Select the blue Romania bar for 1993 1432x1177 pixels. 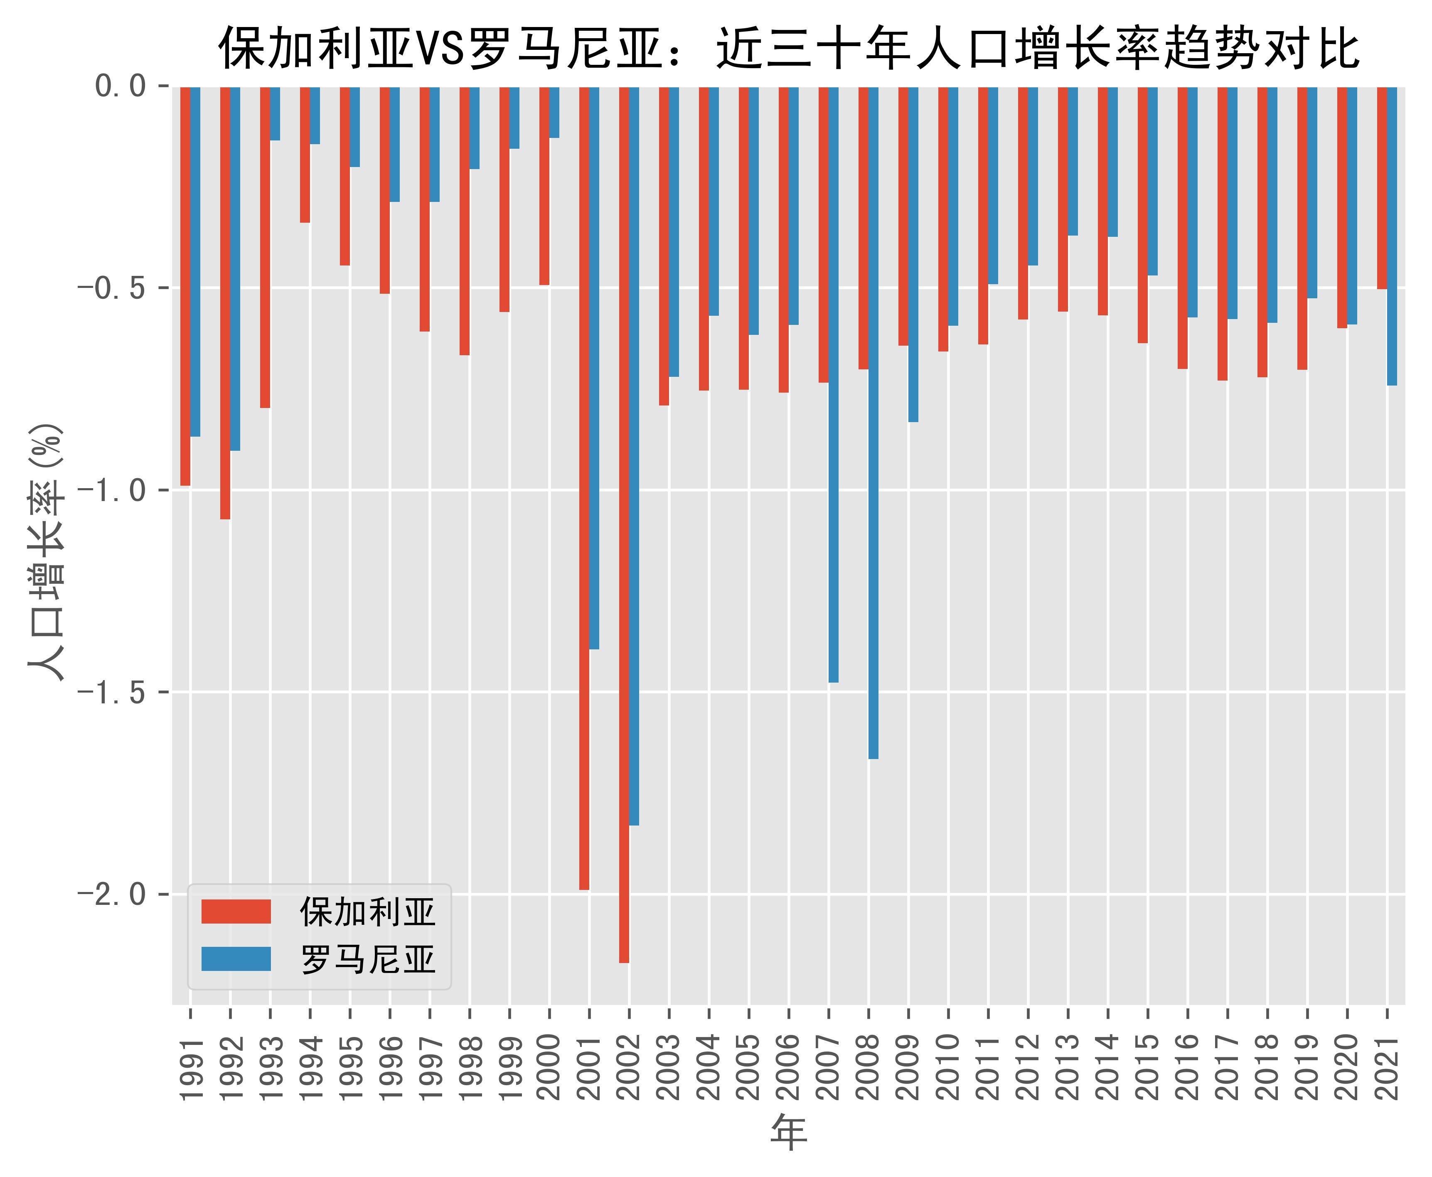click(275, 113)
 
